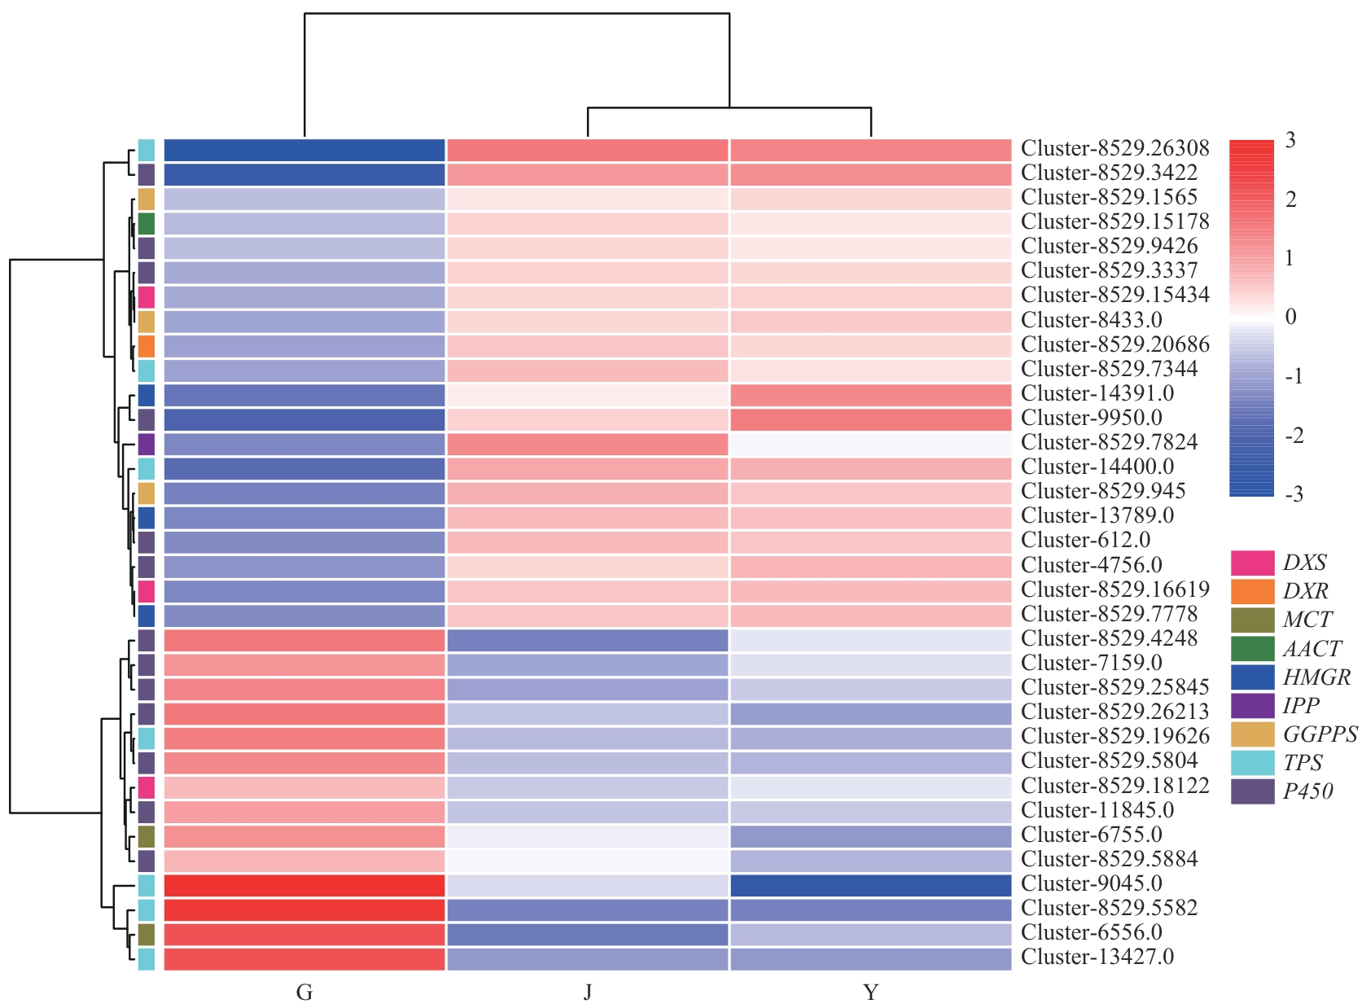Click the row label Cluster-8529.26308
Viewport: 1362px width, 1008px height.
[x=1115, y=148]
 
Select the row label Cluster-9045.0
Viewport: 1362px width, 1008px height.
[x=1091, y=883]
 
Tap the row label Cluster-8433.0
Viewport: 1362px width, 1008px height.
[x=1091, y=320]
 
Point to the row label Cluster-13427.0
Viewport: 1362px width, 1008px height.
[x=1097, y=957]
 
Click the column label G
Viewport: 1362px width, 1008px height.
[x=304, y=993]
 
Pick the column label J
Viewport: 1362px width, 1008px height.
[x=587, y=993]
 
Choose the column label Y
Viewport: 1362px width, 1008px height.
[x=870, y=993]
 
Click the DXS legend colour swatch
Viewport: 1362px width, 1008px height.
[x=1252, y=563]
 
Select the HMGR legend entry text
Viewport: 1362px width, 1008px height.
[x=1316, y=677]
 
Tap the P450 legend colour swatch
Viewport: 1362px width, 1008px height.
[x=1252, y=791]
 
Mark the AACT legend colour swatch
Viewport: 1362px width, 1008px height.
[x=1252, y=649]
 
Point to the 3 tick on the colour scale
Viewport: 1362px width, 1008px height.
[x=1290, y=140]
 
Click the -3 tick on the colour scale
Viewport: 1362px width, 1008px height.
[x=1294, y=494]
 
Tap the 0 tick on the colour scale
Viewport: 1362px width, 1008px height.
[x=1290, y=317]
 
